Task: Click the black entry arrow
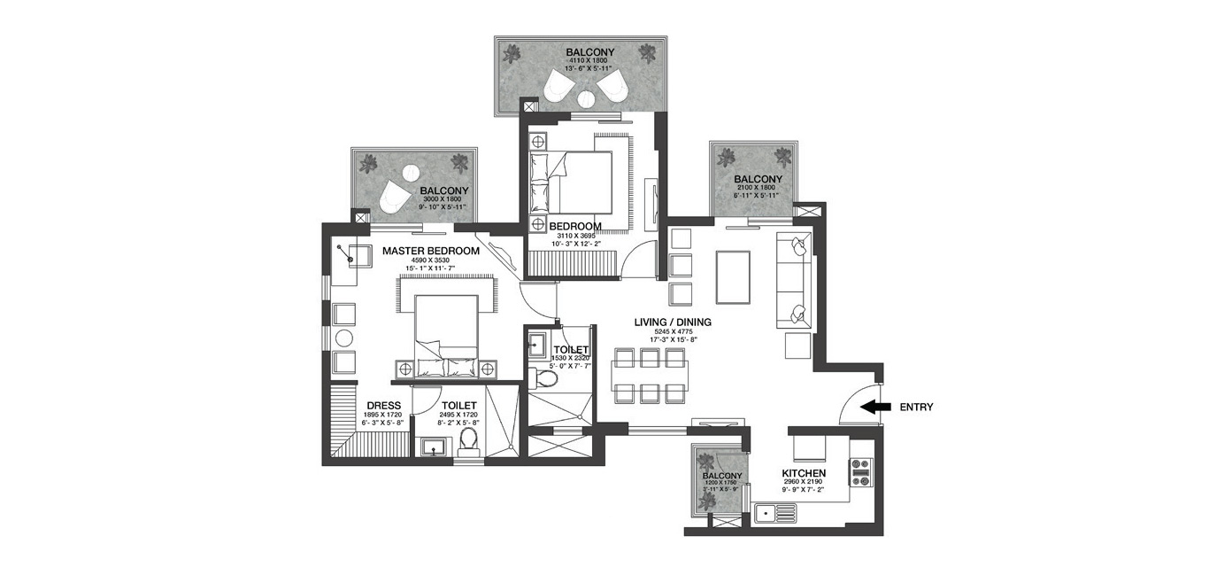[x=877, y=408]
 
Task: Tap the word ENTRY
[x=916, y=408]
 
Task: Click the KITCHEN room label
[x=804, y=474]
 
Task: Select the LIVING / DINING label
[x=673, y=322]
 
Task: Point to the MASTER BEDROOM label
[x=431, y=251]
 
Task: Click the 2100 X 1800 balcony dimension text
[x=755, y=187]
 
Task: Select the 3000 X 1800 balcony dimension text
[x=443, y=199]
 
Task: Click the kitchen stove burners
[x=861, y=474]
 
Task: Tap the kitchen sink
[x=775, y=511]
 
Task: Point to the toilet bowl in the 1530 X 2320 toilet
[x=548, y=378]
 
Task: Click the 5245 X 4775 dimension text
[x=673, y=331]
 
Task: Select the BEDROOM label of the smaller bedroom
[x=575, y=226]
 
